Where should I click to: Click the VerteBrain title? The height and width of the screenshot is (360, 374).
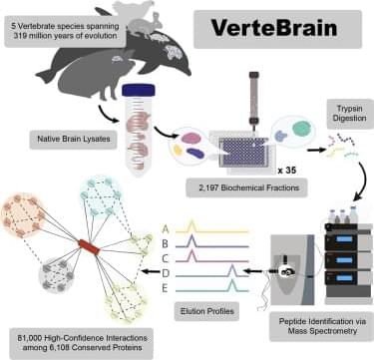pos(274,28)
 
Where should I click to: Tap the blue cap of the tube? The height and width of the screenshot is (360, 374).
pos(138,90)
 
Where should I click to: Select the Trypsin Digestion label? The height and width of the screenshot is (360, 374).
pos(350,114)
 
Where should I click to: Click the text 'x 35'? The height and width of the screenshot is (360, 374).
pos(286,171)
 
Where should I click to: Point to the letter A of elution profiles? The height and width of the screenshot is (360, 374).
pos(166,229)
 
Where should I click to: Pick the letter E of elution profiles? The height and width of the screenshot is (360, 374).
pos(165,288)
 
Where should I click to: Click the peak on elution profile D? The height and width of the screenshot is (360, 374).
pos(232,270)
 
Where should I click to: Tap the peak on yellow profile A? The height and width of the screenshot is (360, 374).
pos(191,225)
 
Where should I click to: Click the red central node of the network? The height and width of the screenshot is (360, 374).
pos(89,247)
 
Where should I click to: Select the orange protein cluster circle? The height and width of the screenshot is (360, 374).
pos(23,215)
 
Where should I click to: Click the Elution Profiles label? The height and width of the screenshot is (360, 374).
pos(207,311)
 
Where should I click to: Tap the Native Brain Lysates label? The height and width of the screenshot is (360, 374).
pos(74,139)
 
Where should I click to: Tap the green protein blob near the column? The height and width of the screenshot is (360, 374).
pos(301,129)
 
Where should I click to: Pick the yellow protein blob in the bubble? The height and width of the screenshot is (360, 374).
pos(179,151)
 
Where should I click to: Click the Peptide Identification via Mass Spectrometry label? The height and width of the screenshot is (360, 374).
pos(322,326)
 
